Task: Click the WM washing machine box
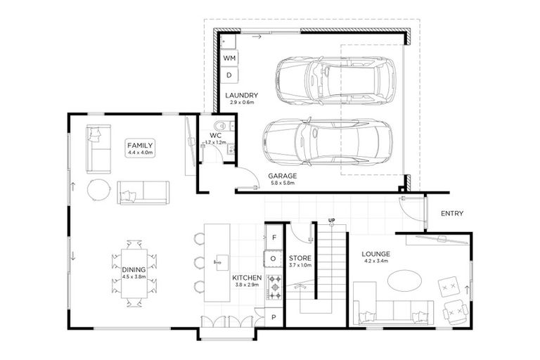(x=230, y=57)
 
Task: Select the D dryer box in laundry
(x=230, y=75)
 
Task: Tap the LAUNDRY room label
(x=241, y=96)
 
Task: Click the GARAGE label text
(x=281, y=176)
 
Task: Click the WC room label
(x=216, y=135)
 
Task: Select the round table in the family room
(x=98, y=189)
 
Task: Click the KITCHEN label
(x=247, y=279)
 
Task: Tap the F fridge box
(x=274, y=238)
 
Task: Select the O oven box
(x=274, y=259)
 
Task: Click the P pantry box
(x=274, y=317)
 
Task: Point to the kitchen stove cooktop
(x=274, y=287)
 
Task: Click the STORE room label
(x=300, y=258)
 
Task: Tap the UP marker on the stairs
(x=330, y=221)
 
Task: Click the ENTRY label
(x=451, y=214)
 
